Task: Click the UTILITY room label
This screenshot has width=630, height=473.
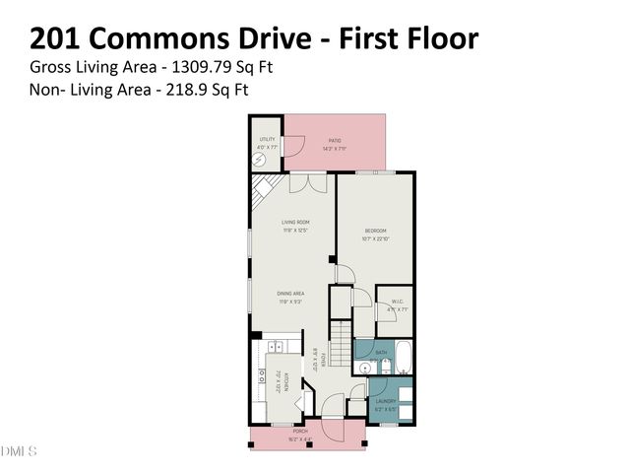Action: pos(267,140)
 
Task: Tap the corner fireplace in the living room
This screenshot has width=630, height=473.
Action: pos(264,188)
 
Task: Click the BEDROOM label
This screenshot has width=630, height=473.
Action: pos(376,233)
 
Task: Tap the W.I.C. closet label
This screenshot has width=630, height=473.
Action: pos(398,304)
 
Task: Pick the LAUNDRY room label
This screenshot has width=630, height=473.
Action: pos(385,403)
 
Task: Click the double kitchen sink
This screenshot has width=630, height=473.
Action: pos(277,345)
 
